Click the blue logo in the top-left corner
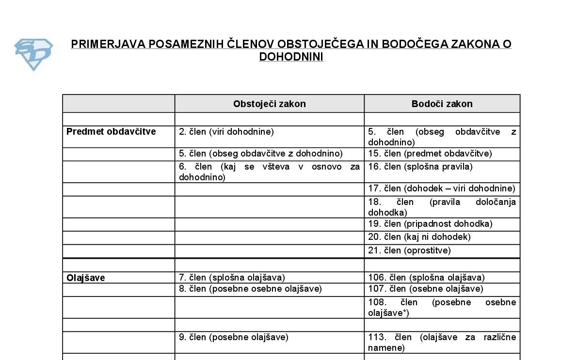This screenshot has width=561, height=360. tap(33, 54)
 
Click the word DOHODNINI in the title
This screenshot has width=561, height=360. tap(291, 57)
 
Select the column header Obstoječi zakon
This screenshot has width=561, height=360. tap(269, 104)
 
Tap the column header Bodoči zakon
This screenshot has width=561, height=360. tap(442, 104)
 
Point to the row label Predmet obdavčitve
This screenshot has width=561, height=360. tap(111, 131)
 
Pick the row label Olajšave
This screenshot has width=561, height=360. tap(86, 278)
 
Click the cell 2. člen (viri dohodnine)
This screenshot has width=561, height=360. tap(226, 131)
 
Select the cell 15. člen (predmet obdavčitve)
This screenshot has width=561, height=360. tap(430, 154)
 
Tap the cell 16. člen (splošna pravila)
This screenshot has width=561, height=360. tap(420, 167)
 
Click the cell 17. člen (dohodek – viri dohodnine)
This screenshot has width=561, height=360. tap(442, 188)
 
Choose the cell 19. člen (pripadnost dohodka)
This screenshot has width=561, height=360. tap(430, 224)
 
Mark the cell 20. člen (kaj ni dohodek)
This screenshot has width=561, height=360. tap(419, 237)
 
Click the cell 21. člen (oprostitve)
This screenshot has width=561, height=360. tap(409, 250)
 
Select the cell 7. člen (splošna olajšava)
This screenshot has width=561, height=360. tap(232, 278)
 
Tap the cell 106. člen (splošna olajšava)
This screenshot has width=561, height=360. tap(426, 278)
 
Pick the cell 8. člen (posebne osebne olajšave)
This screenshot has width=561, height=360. tap(250, 289)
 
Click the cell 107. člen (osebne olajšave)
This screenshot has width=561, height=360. tap(426, 289)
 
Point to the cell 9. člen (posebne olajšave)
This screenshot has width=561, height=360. tap(234, 337)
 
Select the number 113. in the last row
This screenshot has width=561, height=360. tap(377, 337)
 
